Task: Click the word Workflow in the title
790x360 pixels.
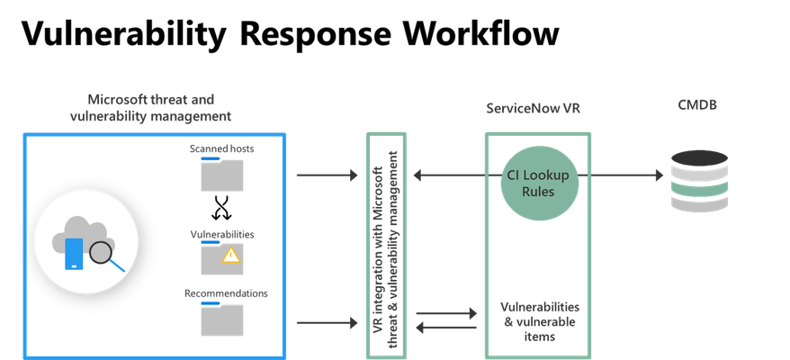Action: pos(481,33)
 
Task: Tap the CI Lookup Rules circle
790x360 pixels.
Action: pos(539,183)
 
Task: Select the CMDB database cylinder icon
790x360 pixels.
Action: pos(699,181)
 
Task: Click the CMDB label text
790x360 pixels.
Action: pos(697,105)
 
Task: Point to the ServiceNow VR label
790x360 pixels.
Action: pos(533,108)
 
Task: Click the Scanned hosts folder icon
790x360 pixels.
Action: pos(221,174)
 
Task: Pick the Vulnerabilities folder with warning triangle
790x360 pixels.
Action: pos(221,257)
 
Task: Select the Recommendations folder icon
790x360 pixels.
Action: pos(221,319)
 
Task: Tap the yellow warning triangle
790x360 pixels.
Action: pos(231,255)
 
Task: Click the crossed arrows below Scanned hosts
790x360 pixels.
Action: pos(221,207)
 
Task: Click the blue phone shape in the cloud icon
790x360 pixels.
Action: pos(74,254)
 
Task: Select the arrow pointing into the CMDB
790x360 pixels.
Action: pos(620,175)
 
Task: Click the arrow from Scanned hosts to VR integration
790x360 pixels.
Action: pos(327,175)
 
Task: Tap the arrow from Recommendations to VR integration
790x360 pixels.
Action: pos(327,323)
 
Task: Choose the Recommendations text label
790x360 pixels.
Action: pos(226,293)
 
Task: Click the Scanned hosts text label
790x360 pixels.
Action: pos(221,148)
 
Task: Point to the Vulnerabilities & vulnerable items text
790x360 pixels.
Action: pos(540,321)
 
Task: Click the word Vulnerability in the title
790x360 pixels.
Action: pos(124,34)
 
